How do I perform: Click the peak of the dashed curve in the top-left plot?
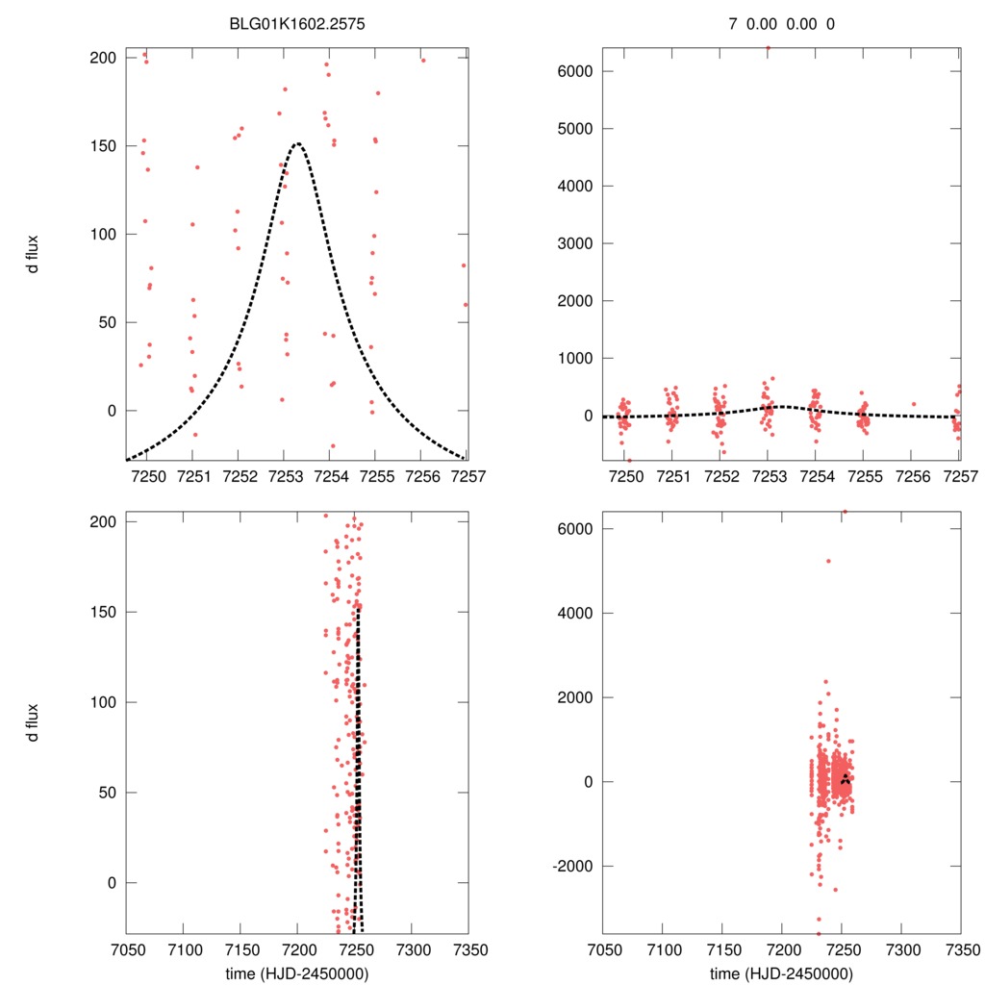pyautogui.click(x=297, y=144)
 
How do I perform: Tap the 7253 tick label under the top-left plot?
pyautogui.click(x=284, y=477)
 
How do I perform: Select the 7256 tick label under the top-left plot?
pyautogui.click(x=421, y=477)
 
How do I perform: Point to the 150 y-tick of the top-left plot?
pyautogui.click(x=103, y=146)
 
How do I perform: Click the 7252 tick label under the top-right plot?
pyautogui.click(x=720, y=477)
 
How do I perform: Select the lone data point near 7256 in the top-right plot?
pyautogui.click(x=913, y=404)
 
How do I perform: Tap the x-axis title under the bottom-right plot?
pyautogui.click(x=781, y=972)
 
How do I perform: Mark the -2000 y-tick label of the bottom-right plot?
pyautogui.click(x=568, y=866)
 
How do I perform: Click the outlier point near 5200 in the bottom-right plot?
pyautogui.click(x=827, y=561)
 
